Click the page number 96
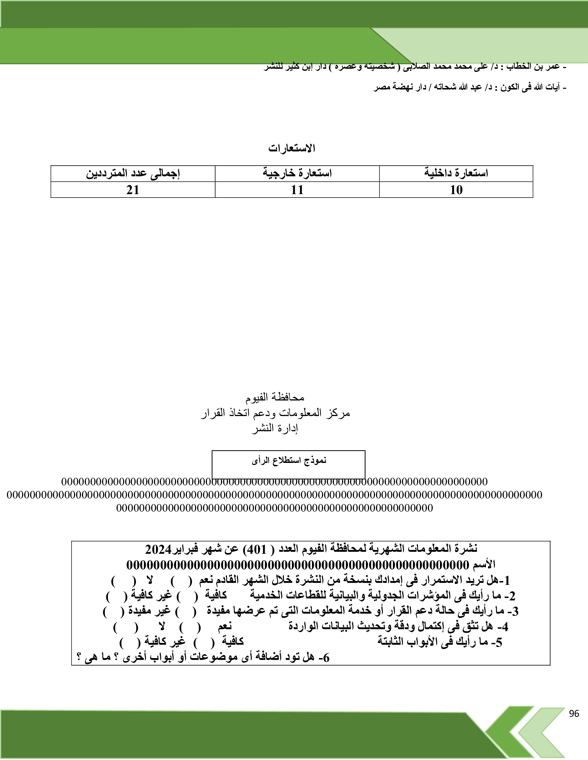tap(574, 713)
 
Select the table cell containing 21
tap(133, 190)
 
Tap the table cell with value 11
tap(297, 190)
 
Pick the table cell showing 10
tap(456, 190)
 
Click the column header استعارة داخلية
tap(456, 173)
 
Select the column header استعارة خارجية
tap(297, 173)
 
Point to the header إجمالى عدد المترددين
tap(133, 173)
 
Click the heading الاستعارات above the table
tap(292, 149)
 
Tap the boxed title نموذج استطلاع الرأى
tap(289, 461)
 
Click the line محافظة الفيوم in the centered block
tap(275, 397)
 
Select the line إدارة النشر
tap(275, 428)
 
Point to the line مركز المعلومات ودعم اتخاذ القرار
tap(275, 413)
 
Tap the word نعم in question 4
tap(225, 626)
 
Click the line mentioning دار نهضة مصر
tap(470, 87)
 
